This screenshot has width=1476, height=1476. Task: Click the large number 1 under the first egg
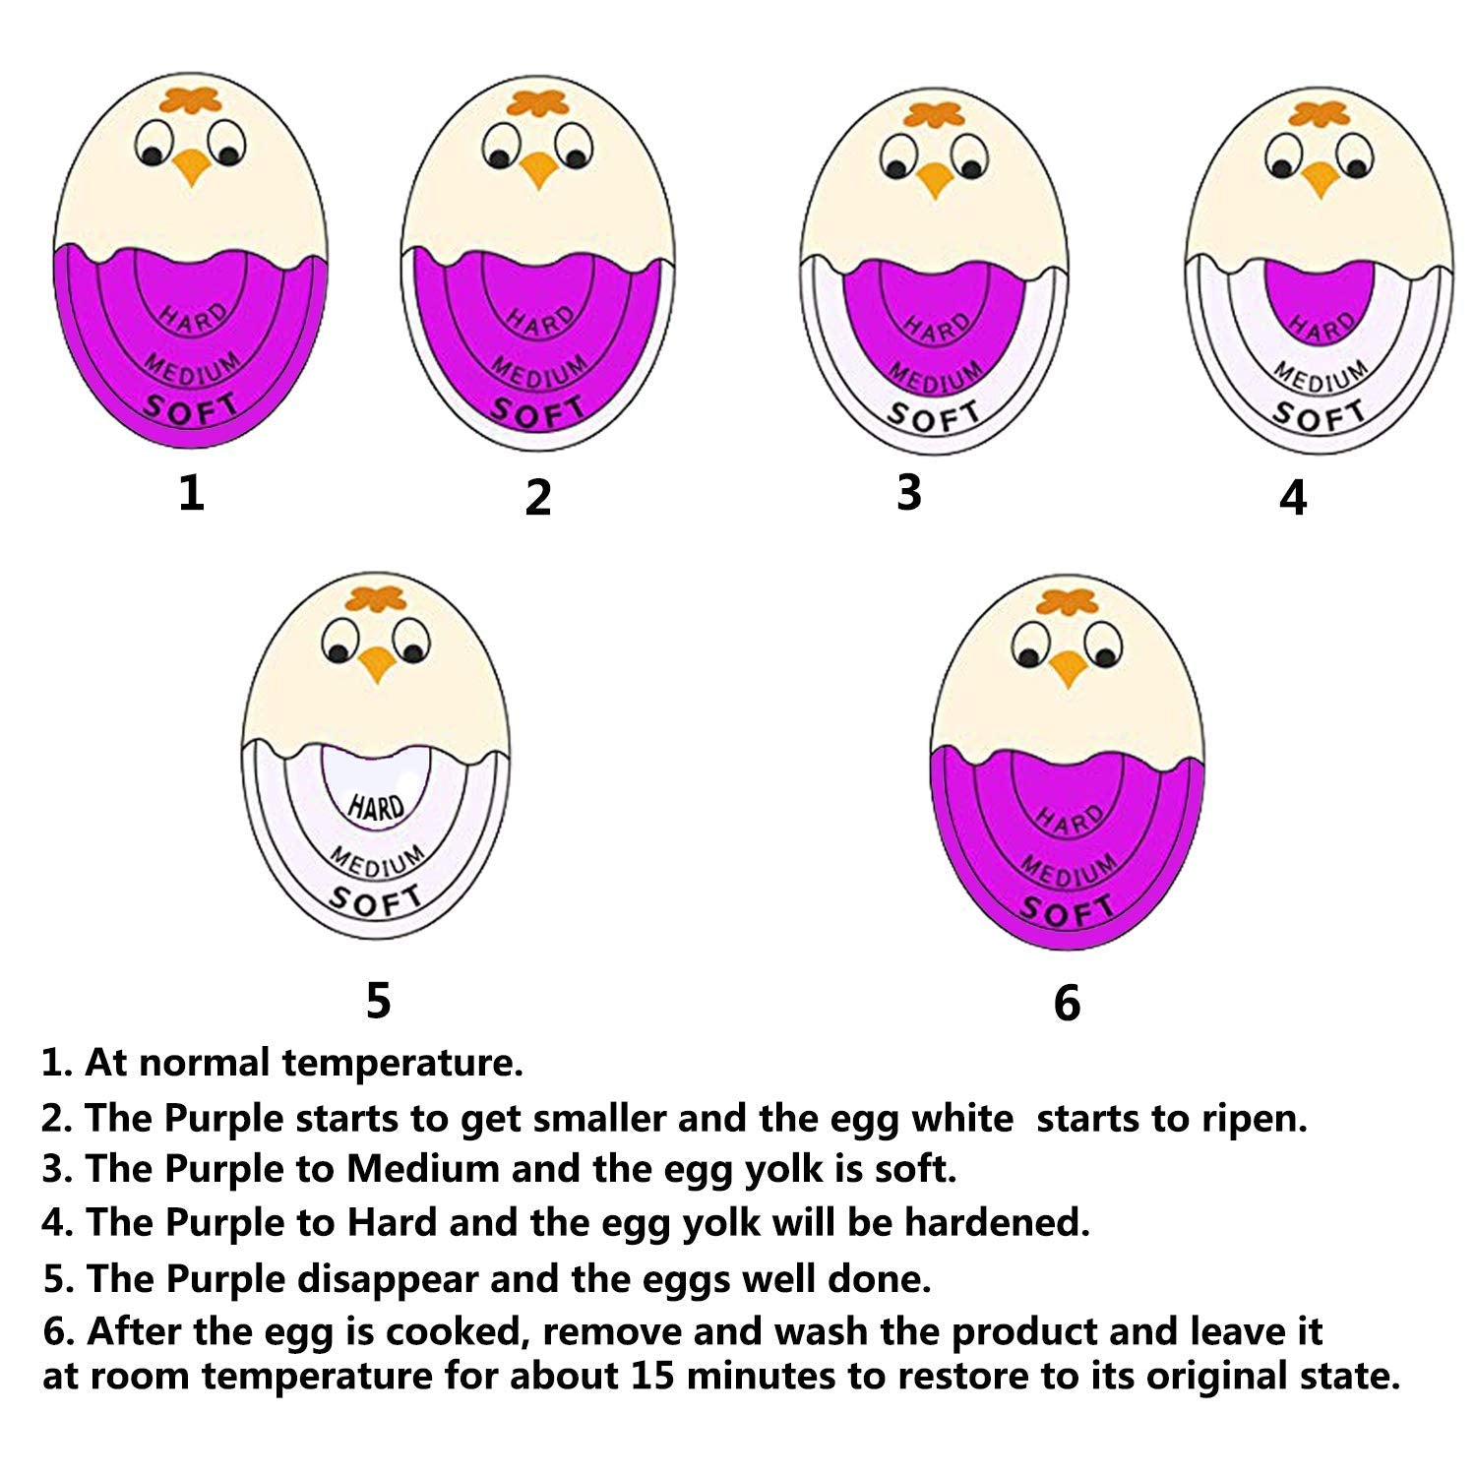coord(191,492)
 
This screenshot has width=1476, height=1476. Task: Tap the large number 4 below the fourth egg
coord(1293,497)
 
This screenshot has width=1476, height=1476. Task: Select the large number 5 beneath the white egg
coord(378,1000)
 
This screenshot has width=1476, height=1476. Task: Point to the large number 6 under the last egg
coord(1067,1003)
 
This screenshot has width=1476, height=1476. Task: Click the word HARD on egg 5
coord(376,807)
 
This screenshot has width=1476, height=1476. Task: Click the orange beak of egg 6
coord(1067,669)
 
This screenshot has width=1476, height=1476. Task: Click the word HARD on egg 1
coord(193,318)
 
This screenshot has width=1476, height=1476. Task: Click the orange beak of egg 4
coord(1319,178)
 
